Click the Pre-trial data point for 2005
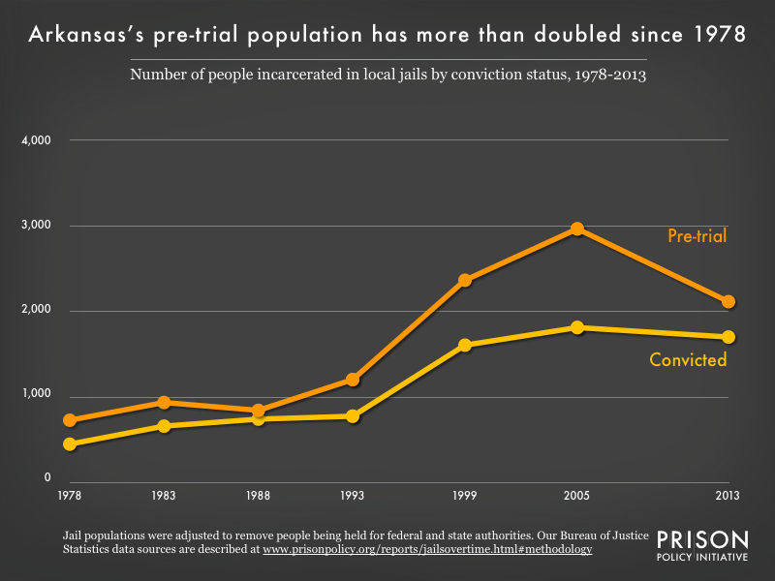pyautogui.click(x=576, y=229)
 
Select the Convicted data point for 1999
pyautogui.click(x=465, y=345)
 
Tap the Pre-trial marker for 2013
pyautogui.click(x=728, y=301)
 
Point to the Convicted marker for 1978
pyautogui.click(x=70, y=444)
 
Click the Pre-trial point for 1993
pyautogui.click(x=353, y=380)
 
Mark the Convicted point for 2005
pyautogui.click(x=576, y=327)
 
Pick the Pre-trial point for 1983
pyautogui.click(x=164, y=402)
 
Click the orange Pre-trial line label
pyautogui.click(x=697, y=235)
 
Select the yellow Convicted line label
pyautogui.click(x=688, y=360)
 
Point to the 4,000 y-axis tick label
pyautogui.click(x=35, y=140)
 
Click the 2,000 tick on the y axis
pyautogui.click(x=35, y=311)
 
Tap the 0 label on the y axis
pyautogui.click(x=46, y=478)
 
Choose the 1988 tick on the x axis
pyautogui.click(x=258, y=496)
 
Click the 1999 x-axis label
pyautogui.click(x=464, y=496)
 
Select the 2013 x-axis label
pyautogui.click(x=728, y=496)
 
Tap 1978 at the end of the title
pyautogui.click(x=717, y=35)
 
